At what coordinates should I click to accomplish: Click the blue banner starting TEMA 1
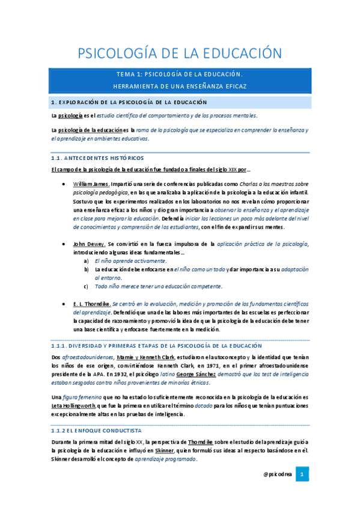tap(180, 80)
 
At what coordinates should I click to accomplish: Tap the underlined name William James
tap(91, 184)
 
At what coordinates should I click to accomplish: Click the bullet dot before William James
tap(64, 184)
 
